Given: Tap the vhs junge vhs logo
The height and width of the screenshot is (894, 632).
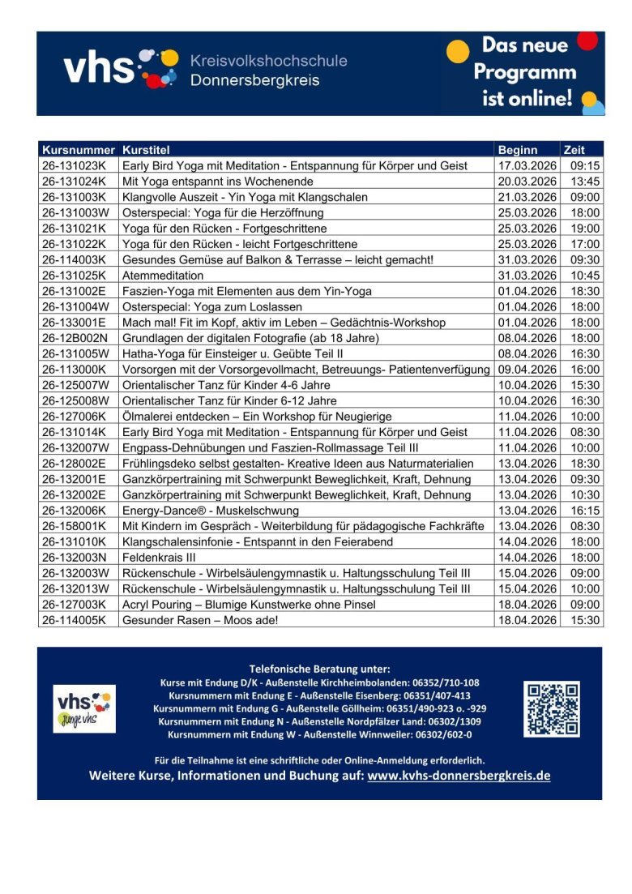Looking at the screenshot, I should pos(84,708).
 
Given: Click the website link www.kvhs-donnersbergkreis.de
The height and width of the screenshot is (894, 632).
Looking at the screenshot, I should pos(459,776).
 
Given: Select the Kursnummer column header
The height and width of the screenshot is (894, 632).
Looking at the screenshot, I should pos(79,150).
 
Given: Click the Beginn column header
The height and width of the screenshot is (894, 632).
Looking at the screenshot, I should pos(518,150).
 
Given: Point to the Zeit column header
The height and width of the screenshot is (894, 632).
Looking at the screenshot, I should pos(574,150).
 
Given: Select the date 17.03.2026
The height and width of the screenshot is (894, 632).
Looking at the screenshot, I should pos(527,165).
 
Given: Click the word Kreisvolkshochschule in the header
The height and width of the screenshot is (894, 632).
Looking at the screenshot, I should pos(268,61).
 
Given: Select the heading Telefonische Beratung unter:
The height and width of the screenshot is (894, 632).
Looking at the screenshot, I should pos(319,669).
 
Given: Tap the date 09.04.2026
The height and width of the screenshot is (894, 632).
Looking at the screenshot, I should pos(527,370).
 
